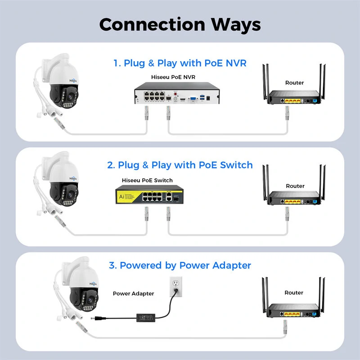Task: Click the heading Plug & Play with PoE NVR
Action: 180,63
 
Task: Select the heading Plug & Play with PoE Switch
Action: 180,165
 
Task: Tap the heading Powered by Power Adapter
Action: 180,265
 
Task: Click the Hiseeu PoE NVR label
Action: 173,77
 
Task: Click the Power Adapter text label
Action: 133,293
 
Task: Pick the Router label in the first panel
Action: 294,83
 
